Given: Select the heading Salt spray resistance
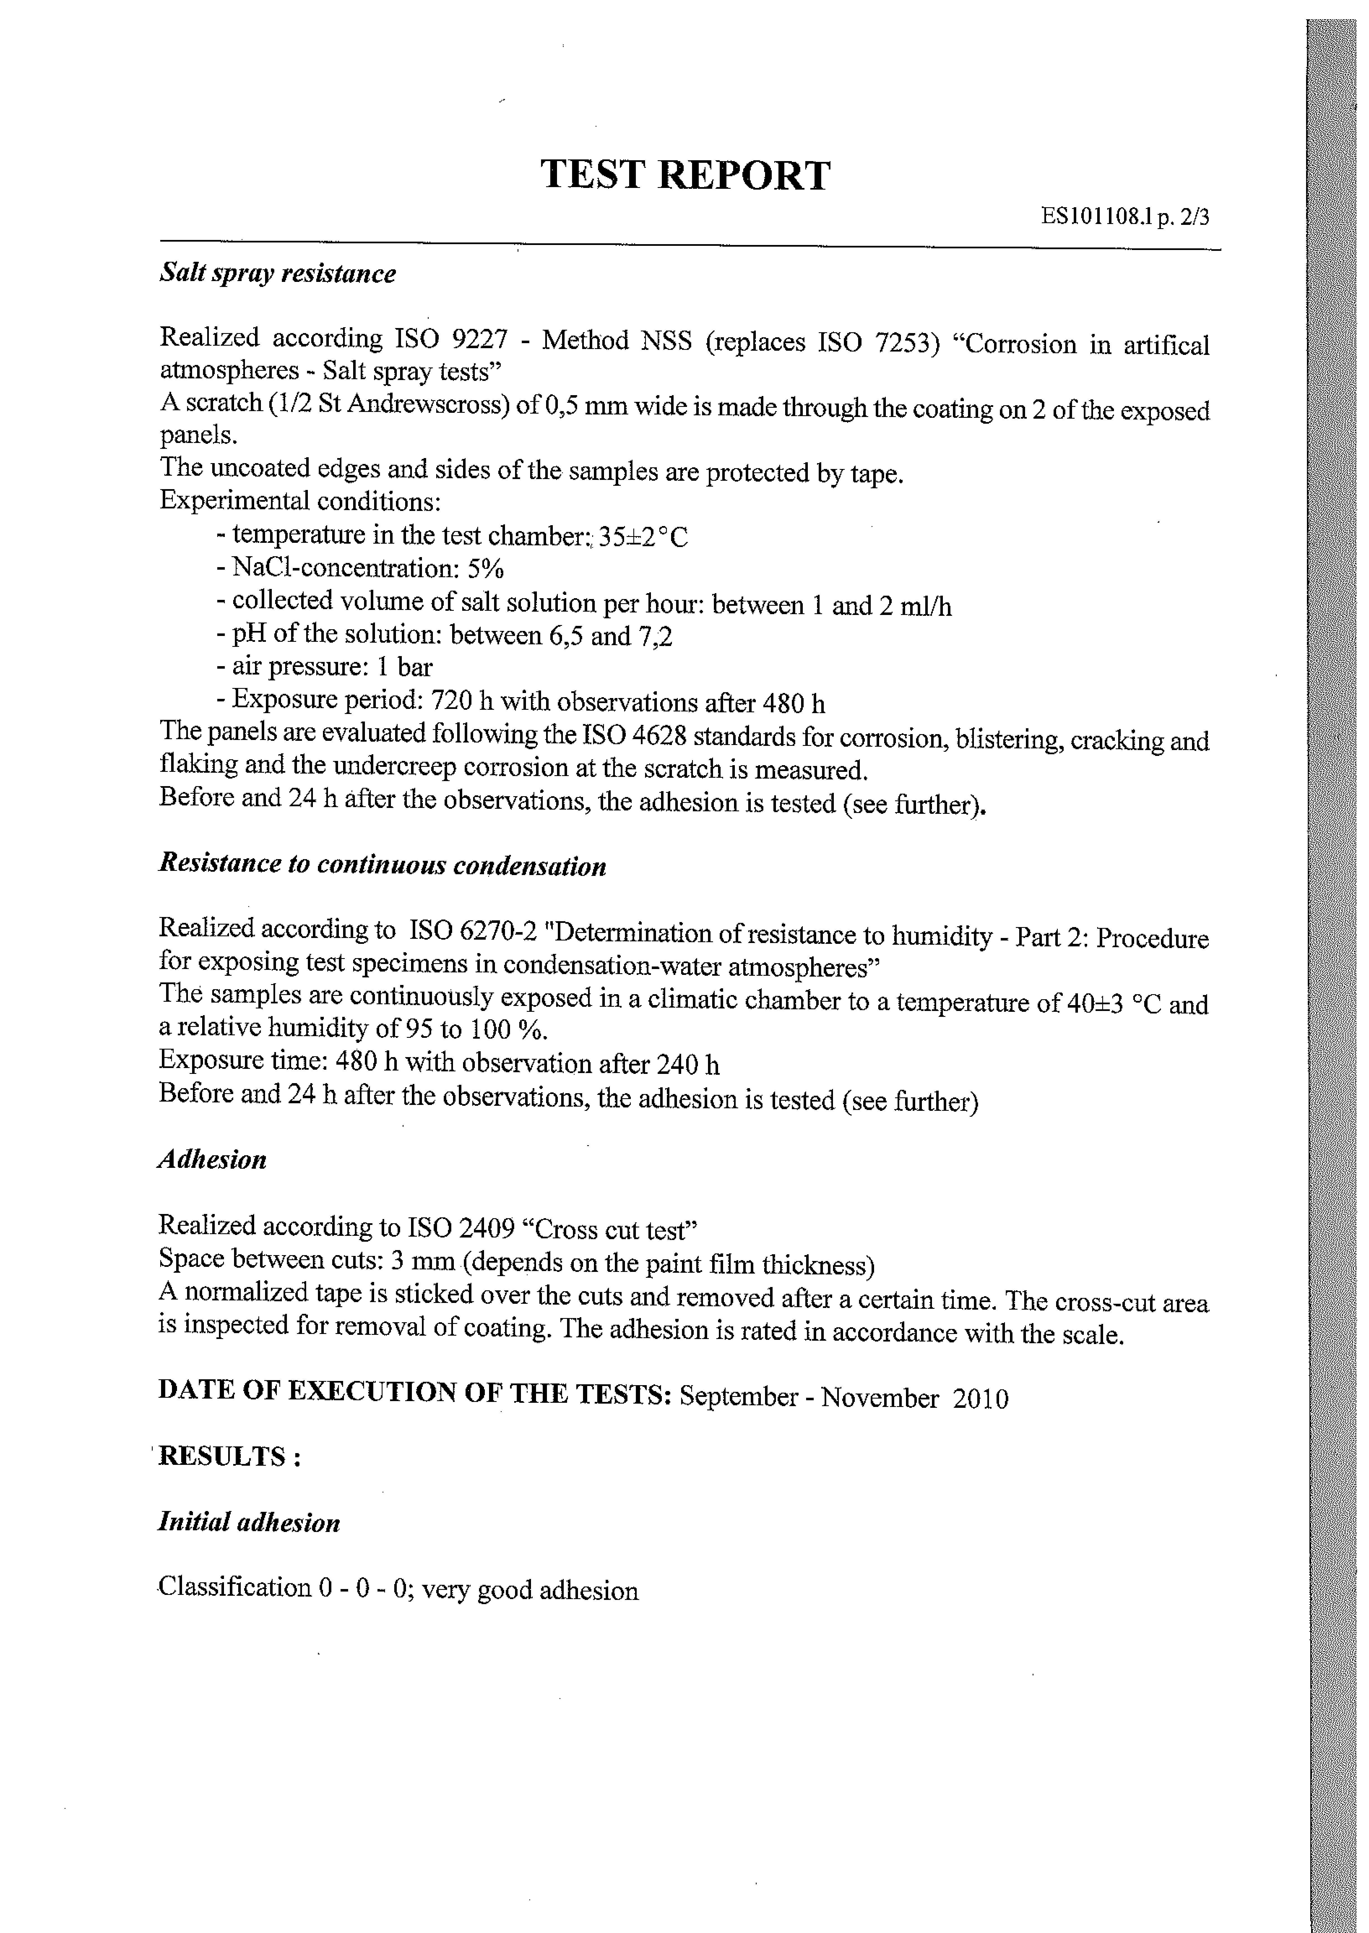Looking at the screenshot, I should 277,274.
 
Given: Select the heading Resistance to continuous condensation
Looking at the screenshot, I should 382,865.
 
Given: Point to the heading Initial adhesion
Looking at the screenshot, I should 249,1522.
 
